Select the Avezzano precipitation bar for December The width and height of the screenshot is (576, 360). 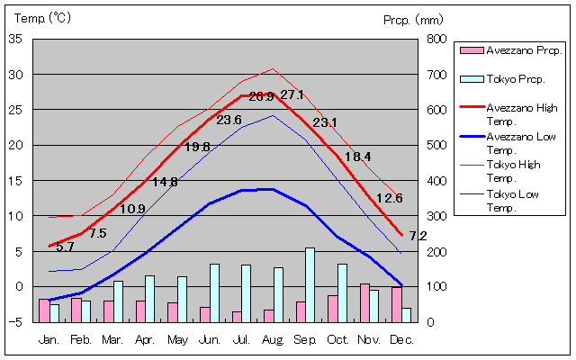pyautogui.click(x=397, y=304)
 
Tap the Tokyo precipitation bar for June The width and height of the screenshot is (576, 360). pyautogui.click(x=214, y=292)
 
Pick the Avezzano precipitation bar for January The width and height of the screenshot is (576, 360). pyautogui.click(x=44, y=310)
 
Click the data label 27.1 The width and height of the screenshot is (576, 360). pyautogui.click(x=292, y=94)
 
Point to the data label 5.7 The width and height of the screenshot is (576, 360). pyautogui.click(x=65, y=247)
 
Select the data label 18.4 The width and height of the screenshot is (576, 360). pyautogui.click(x=357, y=157)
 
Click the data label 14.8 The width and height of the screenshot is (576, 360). pyautogui.click(x=165, y=182)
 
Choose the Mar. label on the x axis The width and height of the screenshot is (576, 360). pyautogui.click(x=112, y=339)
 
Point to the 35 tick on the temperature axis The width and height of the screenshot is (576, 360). pyautogui.click(x=17, y=39)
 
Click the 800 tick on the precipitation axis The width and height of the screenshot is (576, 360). pyautogui.click(x=436, y=39)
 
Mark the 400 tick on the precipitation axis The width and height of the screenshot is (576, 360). pyautogui.click(x=436, y=180)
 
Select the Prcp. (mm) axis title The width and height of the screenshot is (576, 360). pyautogui.click(x=412, y=19)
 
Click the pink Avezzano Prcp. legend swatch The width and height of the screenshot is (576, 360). pyautogui.click(x=471, y=50)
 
